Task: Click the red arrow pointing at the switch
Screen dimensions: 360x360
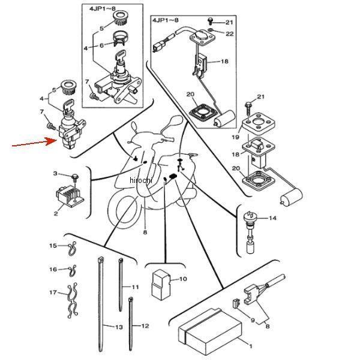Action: click(x=34, y=143)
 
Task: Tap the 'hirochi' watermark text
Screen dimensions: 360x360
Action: click(x=141, y=180)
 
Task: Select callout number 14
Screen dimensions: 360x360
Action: click(x=272, y=218)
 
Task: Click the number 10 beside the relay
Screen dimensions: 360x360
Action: click(x=183, y=279)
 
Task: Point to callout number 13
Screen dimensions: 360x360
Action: click(x=119, y=327)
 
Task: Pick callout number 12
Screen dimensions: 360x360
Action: click(x=145, y=326)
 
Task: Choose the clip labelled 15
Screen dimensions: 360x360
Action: click(x=73, y=248)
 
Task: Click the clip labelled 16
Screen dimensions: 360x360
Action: click(x=73, y=271)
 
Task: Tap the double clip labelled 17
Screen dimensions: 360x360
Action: click(x=73, y=301)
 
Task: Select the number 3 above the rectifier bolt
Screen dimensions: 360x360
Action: click(x=55, y=173)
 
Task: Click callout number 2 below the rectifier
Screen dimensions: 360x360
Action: click(x=56, y=213)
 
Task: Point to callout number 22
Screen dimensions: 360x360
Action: click(x=230, y=34)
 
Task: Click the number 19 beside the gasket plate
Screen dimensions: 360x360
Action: click(x=236, y=137)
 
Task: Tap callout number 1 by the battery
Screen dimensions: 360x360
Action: click(x=251, y=346)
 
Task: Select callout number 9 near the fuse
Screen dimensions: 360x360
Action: click(x=253, y=320)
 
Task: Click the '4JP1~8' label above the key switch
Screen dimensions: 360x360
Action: click(x=102, y=9)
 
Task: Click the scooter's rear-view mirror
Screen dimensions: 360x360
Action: click(x=175, y=121)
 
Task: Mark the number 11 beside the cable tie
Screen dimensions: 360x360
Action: click(x=135, y=287)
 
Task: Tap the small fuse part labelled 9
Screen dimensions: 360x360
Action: click(x=236, y=303)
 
